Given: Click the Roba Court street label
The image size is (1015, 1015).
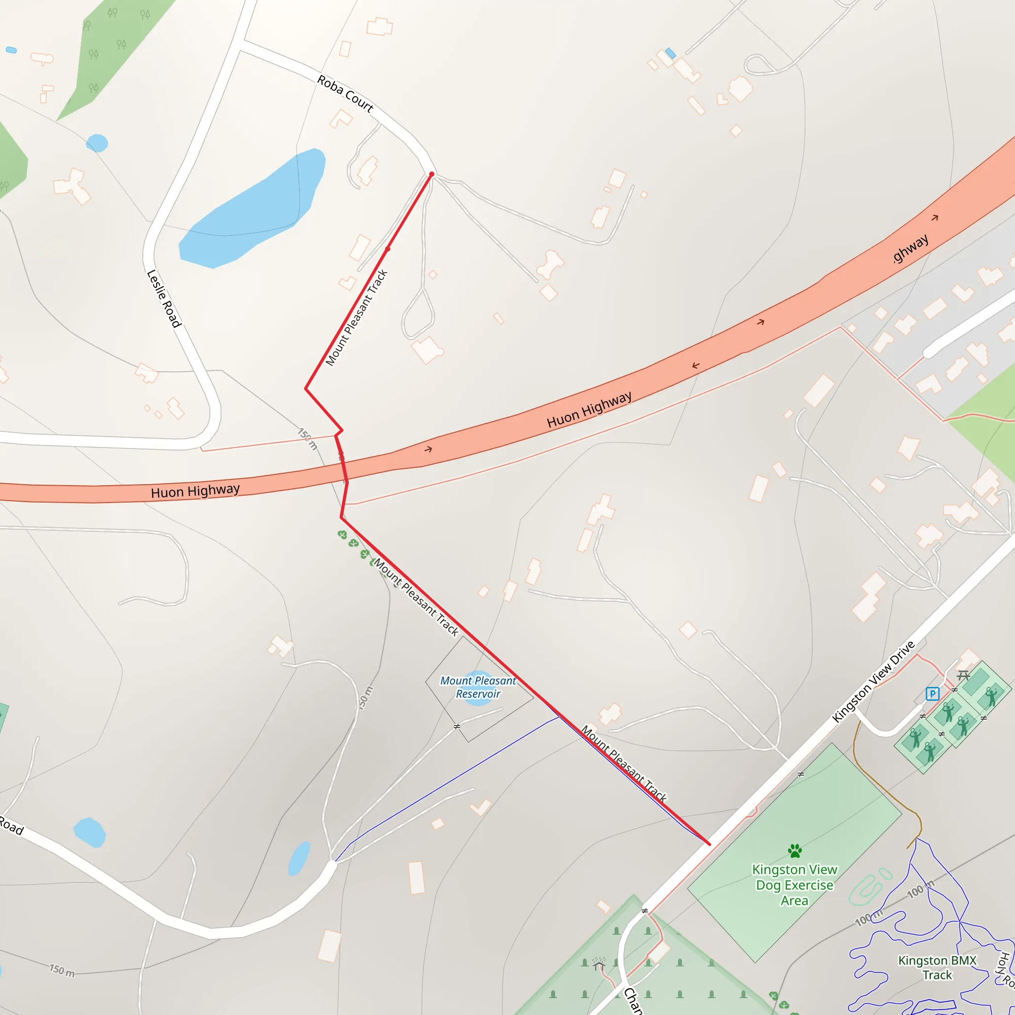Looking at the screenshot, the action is [345, 94].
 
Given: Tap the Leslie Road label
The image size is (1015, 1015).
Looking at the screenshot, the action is [164, 298].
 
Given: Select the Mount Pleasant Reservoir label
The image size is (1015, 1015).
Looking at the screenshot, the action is [478, 687].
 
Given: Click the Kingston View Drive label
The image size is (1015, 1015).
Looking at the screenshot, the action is [874, 681].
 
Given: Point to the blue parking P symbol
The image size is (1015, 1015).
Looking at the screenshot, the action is [933, 694].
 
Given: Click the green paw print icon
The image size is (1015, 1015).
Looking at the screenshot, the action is [795, 850].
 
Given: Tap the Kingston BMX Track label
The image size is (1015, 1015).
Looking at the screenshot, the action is [937, 968].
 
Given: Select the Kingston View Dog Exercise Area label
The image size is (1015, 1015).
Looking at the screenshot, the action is [795, 885].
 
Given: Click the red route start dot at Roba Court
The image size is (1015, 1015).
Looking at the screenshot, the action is [432, 174].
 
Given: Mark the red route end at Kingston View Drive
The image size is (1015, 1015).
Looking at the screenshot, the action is [709, 844].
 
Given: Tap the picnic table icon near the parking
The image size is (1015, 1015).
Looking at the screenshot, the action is [963, 675].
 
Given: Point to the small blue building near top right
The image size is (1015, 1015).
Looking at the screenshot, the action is [671, 53].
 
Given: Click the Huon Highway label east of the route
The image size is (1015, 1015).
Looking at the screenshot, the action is [589, 409].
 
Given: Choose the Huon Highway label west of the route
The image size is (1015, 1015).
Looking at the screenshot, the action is [195, 491].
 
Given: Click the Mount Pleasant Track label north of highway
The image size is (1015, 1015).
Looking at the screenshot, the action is [356, 318].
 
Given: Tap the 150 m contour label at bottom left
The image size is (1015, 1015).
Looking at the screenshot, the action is [62, 970].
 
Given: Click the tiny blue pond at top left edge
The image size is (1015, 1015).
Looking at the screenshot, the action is [11, 50].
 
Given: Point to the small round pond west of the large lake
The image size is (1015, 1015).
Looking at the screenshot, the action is [97, 143].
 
